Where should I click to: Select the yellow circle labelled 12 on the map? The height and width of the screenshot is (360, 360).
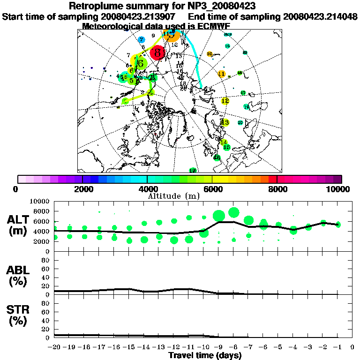click(x=225, y=101)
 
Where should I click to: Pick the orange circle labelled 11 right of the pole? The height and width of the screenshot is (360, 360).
click(x=222, y=74)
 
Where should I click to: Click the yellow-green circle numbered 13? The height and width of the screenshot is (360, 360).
click(x=225, y=123)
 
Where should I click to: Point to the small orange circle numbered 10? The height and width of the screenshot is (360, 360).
click(x=210, y=54)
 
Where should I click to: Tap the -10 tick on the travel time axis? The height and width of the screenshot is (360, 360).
click(x=204, y=347)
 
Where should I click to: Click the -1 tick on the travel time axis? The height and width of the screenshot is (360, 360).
click(x=338, y=347)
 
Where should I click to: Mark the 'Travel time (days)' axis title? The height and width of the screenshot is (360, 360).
click(x=205, y=355)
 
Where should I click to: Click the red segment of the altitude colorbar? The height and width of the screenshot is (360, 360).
click(x=272, y=179)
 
